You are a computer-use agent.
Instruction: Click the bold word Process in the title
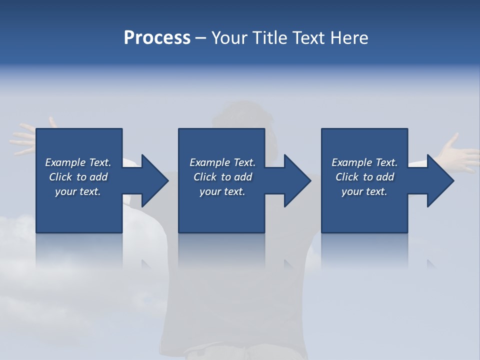[x=157, y=38]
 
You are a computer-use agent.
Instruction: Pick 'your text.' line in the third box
[x=364, y=191]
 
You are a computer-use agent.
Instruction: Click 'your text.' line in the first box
[x=77, y=191]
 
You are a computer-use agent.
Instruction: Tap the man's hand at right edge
[x=457, y=152]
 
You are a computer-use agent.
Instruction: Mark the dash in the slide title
[x=201, y=38]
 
